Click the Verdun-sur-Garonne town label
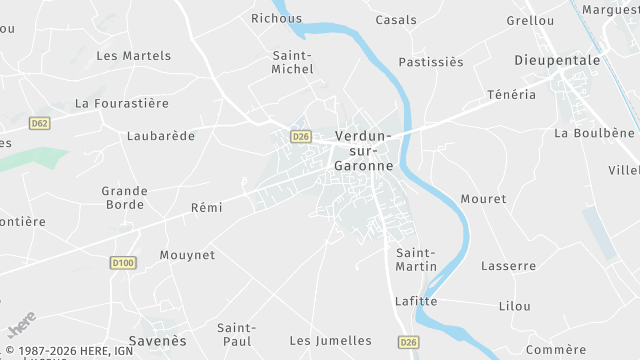pyautogui.click(x=363, y=151)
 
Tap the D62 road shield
pyautogui.click(x=39, y=123)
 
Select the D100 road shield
pyautogui.click(x=123, y=262)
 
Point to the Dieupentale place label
pyautogui.click(x=557, y=60)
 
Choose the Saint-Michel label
pyautogui.click(x=292, y=62)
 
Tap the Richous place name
pyautogui.click(x=276, y=18)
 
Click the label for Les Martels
pyautogui.click(x=134, y=56)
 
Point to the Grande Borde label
pyautogui.click(x=125, y=197)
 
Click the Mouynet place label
pyautogui.click(x=187, y=255)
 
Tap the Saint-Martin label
pyautogui.click(x=416, y=259)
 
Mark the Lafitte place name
pyautogui.click(x=416, y=300)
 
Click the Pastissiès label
pyautogui.click(x=431, y=62)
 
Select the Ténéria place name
pyautogui.click(x=511, y=95)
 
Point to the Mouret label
pyautogui.click(x=484, y=199)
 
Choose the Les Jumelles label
pyautogui.click(x=330, y=341)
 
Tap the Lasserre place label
pyautogui.click(x=508, y=266)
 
